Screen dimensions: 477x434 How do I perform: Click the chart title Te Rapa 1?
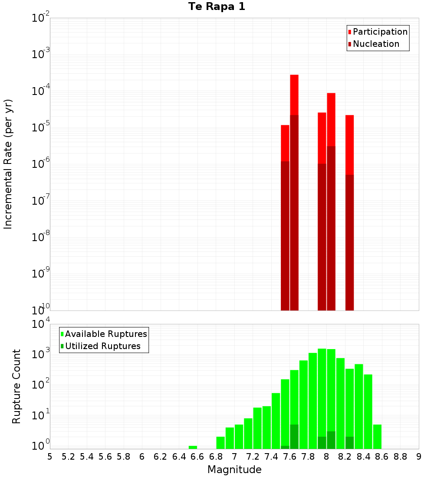click(217, 7)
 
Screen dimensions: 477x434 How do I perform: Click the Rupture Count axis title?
click(16, 386)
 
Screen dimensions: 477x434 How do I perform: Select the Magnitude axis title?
click(234, 470)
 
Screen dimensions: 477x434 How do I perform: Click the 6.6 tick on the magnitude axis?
click(197, 457)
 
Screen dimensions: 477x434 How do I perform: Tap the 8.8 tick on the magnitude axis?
click(400, 457)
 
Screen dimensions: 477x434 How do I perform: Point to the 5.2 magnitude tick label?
click(68, 457)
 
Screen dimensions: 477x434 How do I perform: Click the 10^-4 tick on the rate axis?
click(41, 91)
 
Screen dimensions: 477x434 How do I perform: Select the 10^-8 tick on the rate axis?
click(41, 237)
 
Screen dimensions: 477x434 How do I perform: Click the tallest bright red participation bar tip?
click(294, 76)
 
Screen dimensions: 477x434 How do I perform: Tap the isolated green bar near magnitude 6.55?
click(193, 447)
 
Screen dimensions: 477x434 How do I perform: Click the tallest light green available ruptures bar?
click(322, 390)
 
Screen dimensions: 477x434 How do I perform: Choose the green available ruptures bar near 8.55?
click(377, 436)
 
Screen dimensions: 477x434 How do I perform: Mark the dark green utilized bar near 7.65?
click(294, 437)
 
